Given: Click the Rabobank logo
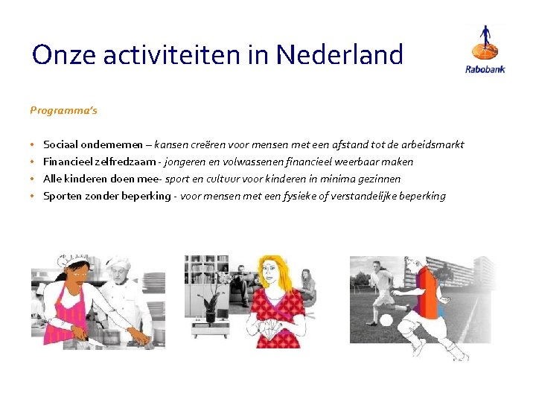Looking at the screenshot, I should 485,49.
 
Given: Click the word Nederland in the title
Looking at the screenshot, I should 339,54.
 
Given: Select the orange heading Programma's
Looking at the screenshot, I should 63,110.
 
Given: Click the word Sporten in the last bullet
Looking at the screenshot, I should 62,196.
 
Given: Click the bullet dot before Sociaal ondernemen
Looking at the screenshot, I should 33,144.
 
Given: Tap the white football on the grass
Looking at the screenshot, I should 386,320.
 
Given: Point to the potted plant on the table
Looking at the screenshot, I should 211,305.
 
